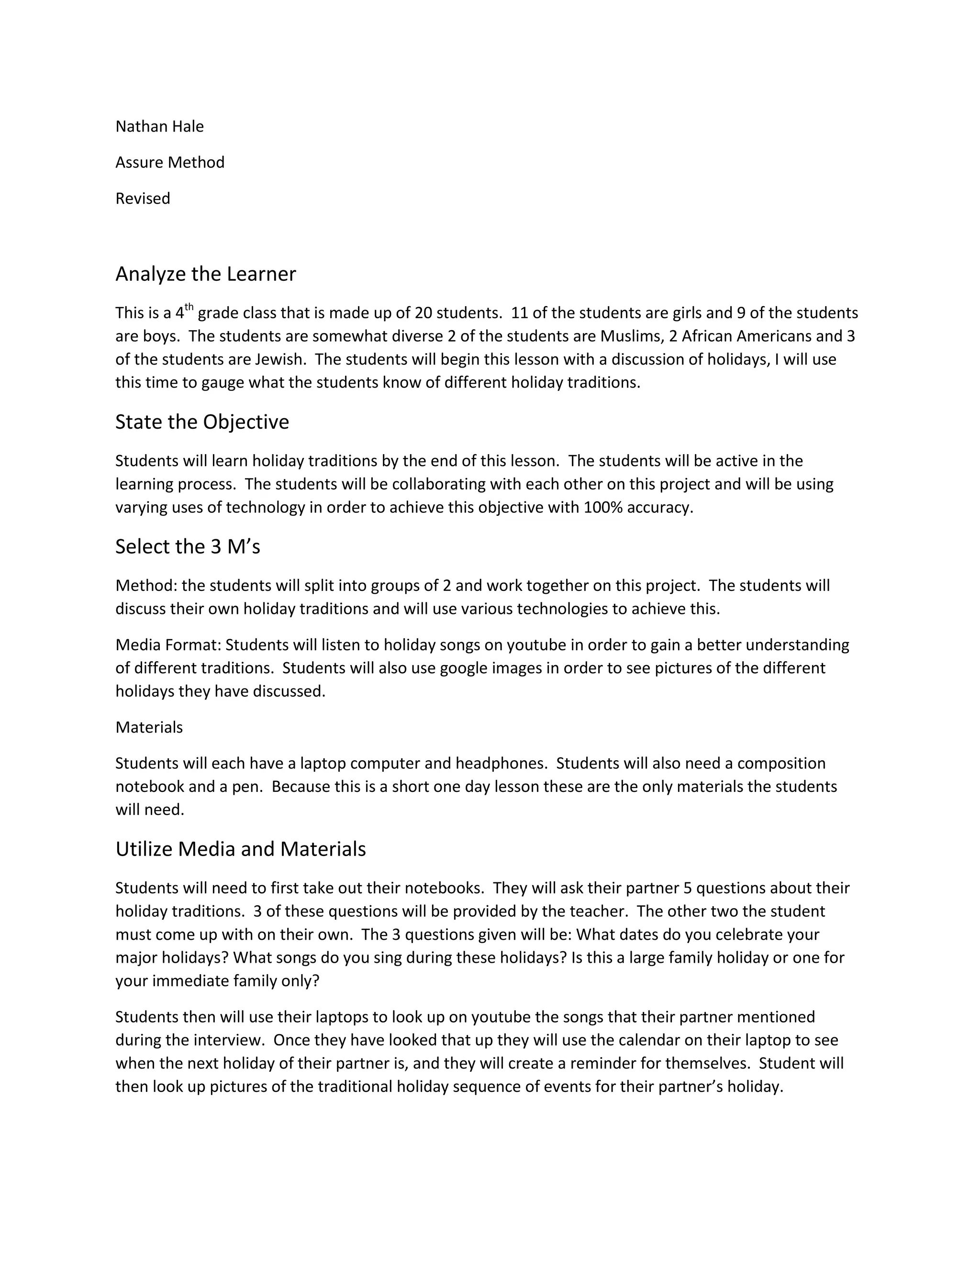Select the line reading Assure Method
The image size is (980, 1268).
[169, 163]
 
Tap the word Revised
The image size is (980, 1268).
[142, 199]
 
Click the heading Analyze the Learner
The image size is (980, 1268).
[205, 274]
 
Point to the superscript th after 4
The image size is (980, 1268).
[189, 307]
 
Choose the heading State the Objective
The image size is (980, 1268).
[201, 422]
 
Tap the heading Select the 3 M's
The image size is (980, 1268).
[188, 547]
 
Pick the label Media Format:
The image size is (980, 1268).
[168, 645]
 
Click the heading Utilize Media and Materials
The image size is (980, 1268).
[240, 849]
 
